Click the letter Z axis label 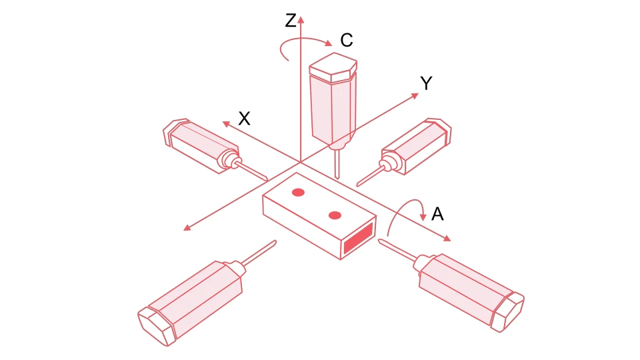tap(291, 21)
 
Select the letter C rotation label tap(346, 41)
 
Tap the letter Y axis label tap(427, 83)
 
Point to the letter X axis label tap(245, 119)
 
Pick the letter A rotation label tap(437, 214)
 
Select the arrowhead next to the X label tap(226, 122)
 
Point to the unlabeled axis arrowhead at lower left tap(187, 229)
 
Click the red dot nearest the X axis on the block tap(298, 193)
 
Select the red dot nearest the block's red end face tap(335, 215)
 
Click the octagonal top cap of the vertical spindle tap(334, 67)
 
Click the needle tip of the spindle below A tap(381, 241)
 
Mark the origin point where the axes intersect tap(301, 162)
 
